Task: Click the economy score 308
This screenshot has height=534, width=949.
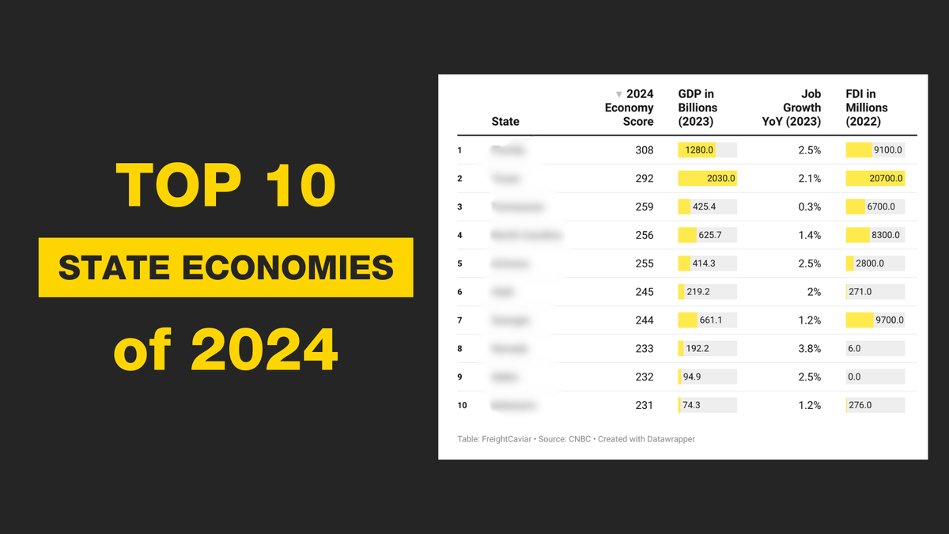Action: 644,150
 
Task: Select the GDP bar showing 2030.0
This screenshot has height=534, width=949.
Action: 707,179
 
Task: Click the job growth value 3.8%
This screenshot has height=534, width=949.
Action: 809,349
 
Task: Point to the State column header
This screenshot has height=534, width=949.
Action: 505,121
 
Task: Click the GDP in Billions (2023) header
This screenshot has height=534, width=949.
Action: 698,108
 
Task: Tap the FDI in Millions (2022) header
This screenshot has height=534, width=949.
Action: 867,108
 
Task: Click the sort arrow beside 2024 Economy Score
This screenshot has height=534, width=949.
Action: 618,94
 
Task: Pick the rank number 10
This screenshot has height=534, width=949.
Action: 462,406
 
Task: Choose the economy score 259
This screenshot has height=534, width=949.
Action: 644,207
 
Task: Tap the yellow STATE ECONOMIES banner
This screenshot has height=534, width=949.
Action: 225,267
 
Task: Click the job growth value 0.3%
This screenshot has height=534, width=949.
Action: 809,207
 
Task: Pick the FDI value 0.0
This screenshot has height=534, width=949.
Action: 854,377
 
